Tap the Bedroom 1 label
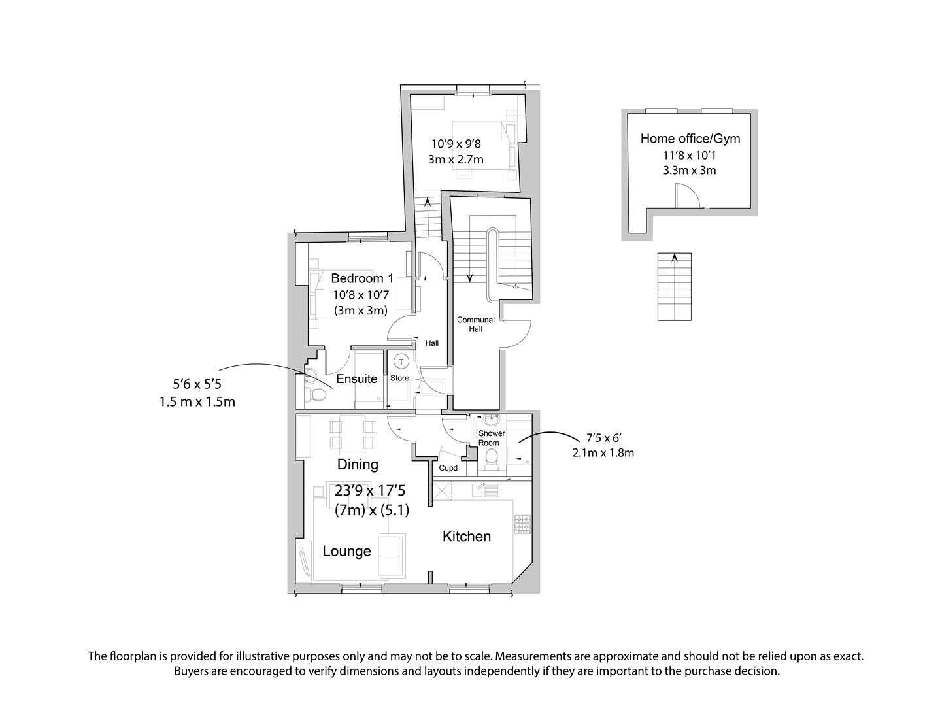point(362,278)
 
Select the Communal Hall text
point(475,324)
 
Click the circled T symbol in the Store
point(401,361)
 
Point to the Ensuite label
point(356,378)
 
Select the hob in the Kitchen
point(523,524)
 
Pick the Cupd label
point(448,468)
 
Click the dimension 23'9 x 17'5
point(371,490)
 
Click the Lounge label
point(346,551)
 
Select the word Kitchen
point(466,537)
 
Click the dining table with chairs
point(352,435)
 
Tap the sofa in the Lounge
point(392,556)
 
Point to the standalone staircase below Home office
point(675,287)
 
